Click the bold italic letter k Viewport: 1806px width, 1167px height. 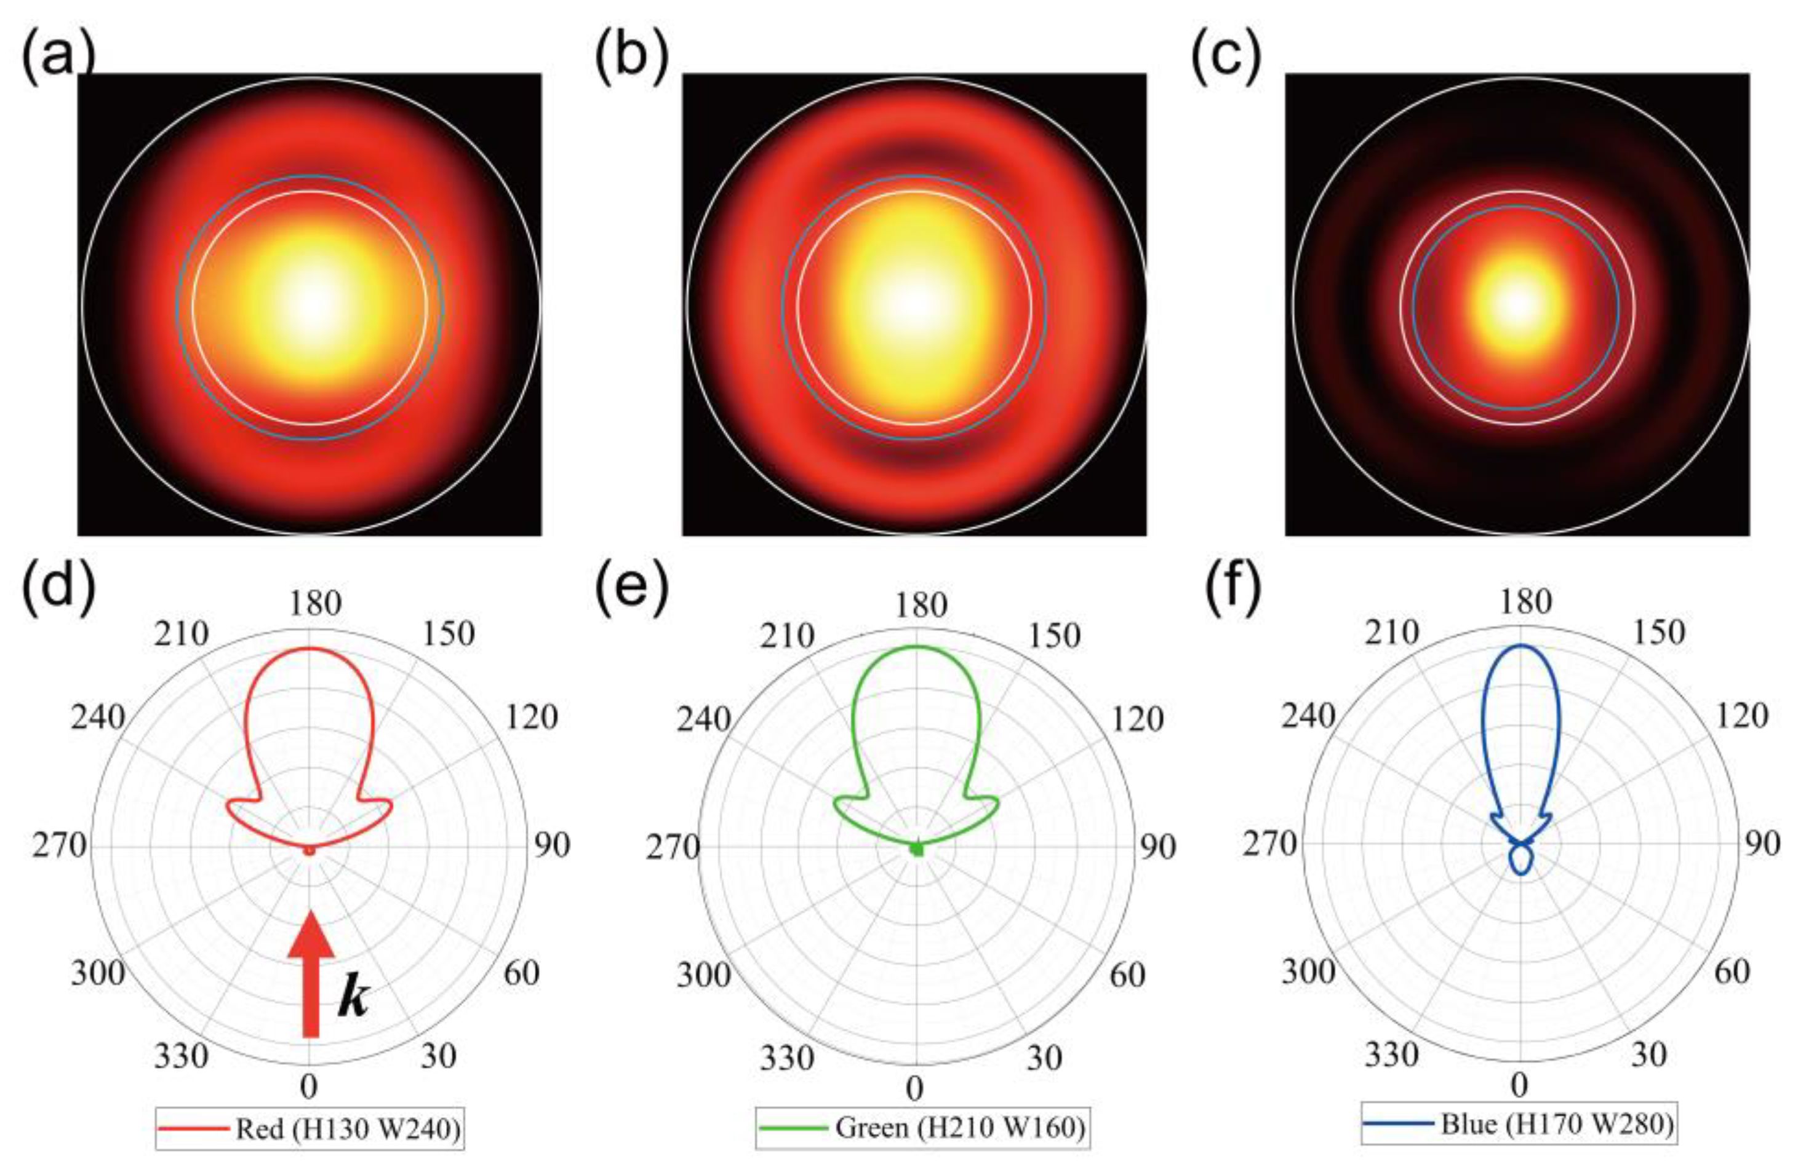tap(353, 994)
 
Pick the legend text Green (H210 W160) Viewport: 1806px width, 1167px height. tap(960, 1127)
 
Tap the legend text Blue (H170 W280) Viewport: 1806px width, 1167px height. tap(1557, 1124)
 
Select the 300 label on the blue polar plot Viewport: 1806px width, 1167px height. tap(1308, 971)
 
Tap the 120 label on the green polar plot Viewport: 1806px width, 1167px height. tap(1137, 718)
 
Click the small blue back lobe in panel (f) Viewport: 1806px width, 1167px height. tap(1521, 860)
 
